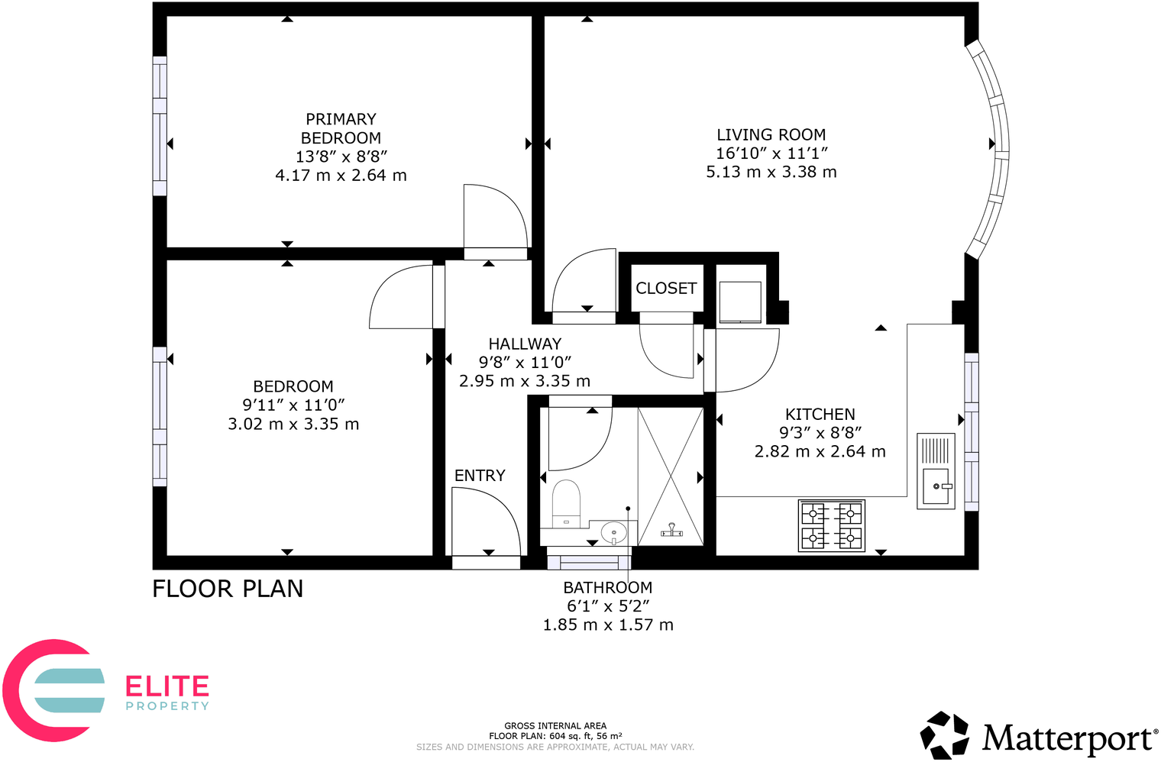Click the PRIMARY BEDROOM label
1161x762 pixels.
point(341,128)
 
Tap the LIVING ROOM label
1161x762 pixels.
point(771,135)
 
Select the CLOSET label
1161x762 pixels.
point(666,289)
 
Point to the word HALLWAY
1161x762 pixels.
point(525,344)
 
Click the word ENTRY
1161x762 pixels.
point(480,476)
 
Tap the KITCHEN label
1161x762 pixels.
point(820,415)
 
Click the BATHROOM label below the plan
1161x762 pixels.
point(607,588)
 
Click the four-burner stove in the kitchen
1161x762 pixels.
point(831,525)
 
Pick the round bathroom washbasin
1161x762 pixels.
point(613,531)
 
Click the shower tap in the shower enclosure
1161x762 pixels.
point(671,529)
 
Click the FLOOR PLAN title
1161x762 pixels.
point(228,589)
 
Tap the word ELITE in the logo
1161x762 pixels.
point(167,686)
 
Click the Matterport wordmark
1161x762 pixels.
point(1069,738)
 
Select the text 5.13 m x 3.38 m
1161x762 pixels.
point(771,173)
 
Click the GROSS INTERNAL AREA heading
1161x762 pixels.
point(555,726)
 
